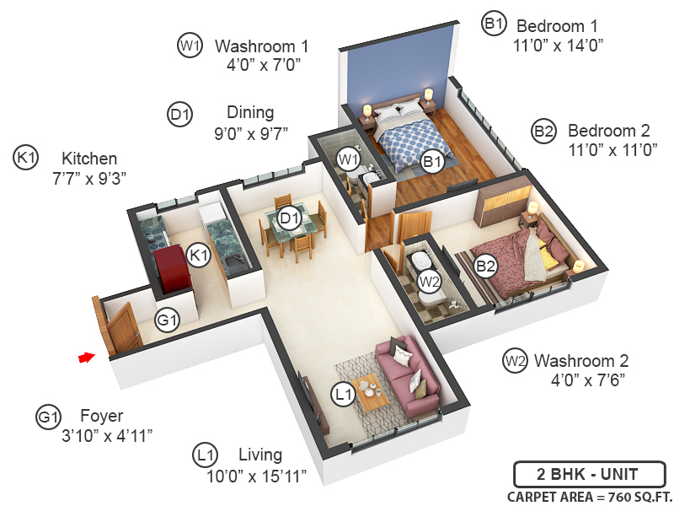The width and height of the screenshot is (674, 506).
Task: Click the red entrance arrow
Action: pos(85,358)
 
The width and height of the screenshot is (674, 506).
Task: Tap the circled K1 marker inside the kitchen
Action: pos(198,255)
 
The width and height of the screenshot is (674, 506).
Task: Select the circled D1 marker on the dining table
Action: pos(290,220)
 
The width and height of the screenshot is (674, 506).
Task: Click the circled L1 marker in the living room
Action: pos(342,393)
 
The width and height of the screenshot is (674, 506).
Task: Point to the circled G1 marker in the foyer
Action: pos(168,320)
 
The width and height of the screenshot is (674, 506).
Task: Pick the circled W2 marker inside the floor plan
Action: pos(430,280)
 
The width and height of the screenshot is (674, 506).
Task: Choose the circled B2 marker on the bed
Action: pos(485,266)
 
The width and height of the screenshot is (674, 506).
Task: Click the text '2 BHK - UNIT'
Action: pos(589,473)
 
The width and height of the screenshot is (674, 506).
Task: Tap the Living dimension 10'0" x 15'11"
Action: pos(256,476)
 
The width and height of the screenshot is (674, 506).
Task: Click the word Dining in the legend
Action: pos(250,112)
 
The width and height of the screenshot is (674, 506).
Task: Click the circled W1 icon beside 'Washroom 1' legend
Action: pos(190,46)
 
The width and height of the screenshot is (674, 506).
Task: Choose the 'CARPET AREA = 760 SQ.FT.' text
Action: pos(586,496)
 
